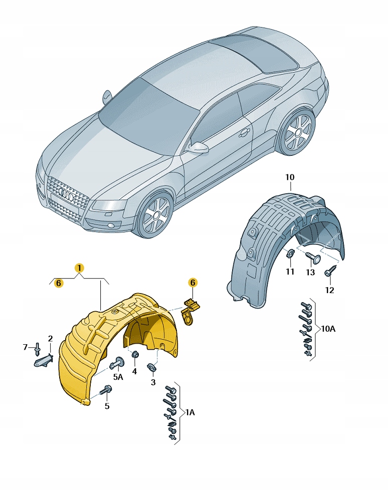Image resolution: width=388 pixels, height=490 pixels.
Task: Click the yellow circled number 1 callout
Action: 79,268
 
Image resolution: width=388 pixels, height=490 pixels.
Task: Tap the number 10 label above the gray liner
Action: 290,177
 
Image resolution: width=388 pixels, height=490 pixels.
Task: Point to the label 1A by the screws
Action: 190,412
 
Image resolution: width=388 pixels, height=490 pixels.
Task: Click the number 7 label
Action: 26,347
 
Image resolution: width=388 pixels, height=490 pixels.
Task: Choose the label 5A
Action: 118,377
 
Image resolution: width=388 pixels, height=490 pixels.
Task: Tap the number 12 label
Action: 329,290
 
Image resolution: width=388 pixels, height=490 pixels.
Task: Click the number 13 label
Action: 310,272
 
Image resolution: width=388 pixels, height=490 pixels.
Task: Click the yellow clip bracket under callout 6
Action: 191,310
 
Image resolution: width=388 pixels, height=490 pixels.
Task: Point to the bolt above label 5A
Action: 119,362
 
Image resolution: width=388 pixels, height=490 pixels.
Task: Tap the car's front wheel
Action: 154,215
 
